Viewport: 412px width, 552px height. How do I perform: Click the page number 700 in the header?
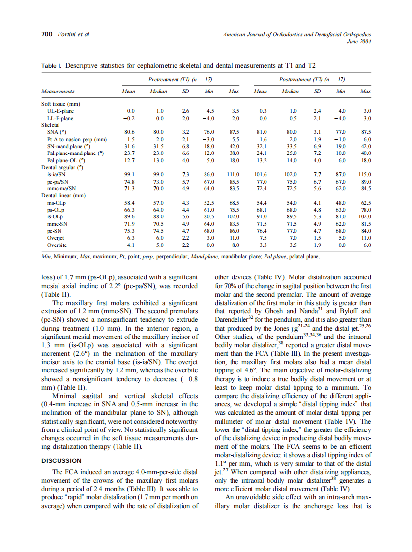coord(46,35)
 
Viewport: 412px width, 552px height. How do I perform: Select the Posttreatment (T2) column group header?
coord(311,79)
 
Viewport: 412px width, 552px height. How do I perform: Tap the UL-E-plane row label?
coord(60,111)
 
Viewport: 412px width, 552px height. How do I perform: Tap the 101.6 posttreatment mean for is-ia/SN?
coord(260,174)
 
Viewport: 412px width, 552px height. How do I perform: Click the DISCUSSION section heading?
coord(61,461)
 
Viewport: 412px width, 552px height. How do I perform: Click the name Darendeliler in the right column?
coord(233,319)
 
